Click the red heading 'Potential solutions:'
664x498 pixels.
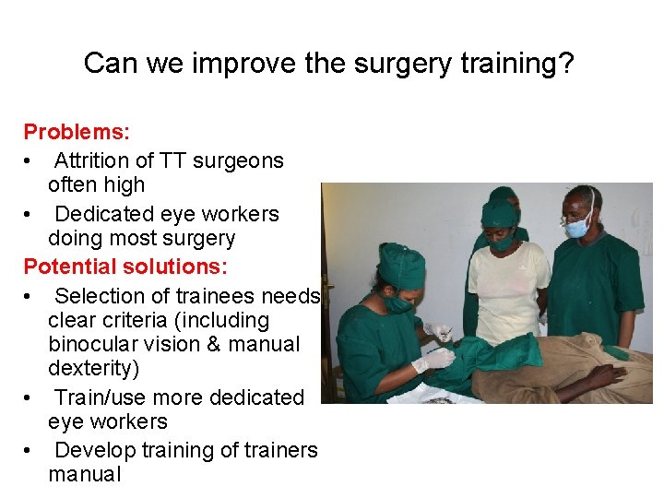126,267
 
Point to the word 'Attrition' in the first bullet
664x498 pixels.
93,160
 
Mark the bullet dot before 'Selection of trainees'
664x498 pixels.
30,297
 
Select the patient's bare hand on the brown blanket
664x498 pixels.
603,375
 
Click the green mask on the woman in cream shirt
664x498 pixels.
503,243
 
